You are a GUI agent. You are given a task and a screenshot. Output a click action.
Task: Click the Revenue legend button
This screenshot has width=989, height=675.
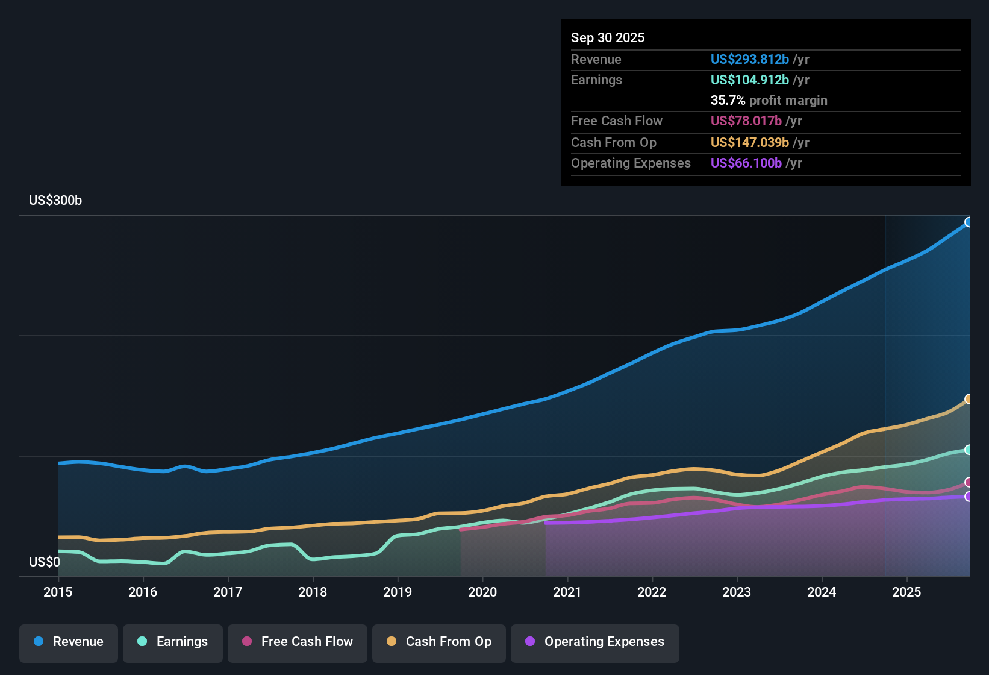point(69,642)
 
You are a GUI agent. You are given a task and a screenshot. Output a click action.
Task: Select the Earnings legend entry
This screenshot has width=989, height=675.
point(173,642)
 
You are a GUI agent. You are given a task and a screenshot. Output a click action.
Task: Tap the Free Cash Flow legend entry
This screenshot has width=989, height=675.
point(298,642)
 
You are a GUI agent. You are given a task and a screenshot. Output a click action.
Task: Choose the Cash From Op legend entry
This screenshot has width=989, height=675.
point(439,642)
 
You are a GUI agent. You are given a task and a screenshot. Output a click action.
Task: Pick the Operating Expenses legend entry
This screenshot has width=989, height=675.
point(595,642)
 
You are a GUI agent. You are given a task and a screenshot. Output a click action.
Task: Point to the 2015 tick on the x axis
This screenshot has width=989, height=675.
point(58,592)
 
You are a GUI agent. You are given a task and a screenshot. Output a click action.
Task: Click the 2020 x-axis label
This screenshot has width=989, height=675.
point(482,592)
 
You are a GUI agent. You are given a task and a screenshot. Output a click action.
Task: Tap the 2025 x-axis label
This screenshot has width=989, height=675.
point(906,592)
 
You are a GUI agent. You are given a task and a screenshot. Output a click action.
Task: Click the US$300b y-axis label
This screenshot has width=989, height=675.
point(55,201)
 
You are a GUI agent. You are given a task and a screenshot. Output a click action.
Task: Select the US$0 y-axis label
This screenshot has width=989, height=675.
point(45,562)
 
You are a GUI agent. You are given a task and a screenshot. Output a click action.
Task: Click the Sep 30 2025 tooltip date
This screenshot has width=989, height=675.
point(608,37)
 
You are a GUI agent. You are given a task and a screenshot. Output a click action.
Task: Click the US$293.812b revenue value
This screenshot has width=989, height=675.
point(749,59)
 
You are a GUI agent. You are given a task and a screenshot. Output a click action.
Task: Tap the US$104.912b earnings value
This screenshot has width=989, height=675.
point(749,80)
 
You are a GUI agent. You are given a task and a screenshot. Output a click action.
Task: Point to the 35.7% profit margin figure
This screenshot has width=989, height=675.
point(728,100)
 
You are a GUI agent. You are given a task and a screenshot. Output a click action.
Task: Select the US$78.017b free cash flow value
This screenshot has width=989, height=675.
point(746,121)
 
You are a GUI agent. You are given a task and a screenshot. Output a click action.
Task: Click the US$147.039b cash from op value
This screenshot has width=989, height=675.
point(749,142)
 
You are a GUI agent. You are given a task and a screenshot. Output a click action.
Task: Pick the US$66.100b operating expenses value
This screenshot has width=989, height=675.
point(746,163)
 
